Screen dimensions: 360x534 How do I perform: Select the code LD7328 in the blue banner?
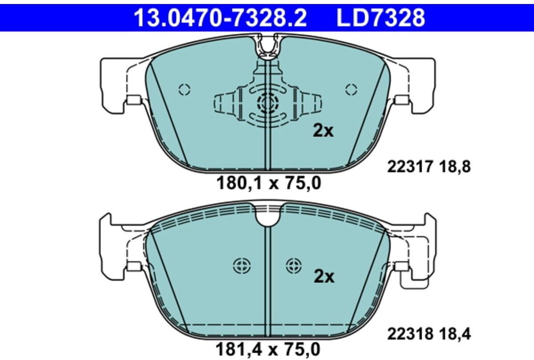pyautogui.click(x=380, y=18)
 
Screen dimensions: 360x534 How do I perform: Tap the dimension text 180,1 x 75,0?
pyautogui.click(x=268, y=182)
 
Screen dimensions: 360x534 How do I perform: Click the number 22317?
pyautogui.click(x=410, y=167)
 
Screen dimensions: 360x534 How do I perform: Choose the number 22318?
pyautogui.click(x=410, y=333)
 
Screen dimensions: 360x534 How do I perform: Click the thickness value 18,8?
pyautogui.click(x=454, y=167)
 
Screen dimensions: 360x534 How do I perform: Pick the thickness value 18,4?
pyautogui.click(x=454, y=333)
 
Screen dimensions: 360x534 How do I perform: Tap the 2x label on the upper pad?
pyautogui.click(x=324, y=131)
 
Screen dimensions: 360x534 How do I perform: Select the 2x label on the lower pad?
pyautogui.click(x=324, y=277)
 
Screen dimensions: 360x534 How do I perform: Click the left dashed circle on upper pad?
pyautogui.click(x=184, y=89)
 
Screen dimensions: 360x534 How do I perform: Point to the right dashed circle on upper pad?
pyautogui.click(x=351, y=89)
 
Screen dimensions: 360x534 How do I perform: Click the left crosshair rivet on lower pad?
pyautogui.click(x=242, y=266)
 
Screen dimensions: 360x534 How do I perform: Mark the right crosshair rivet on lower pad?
pyautogui.click(x=294, y=266)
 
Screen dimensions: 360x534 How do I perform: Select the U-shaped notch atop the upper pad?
pyautogui.click(x=268, y=47)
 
